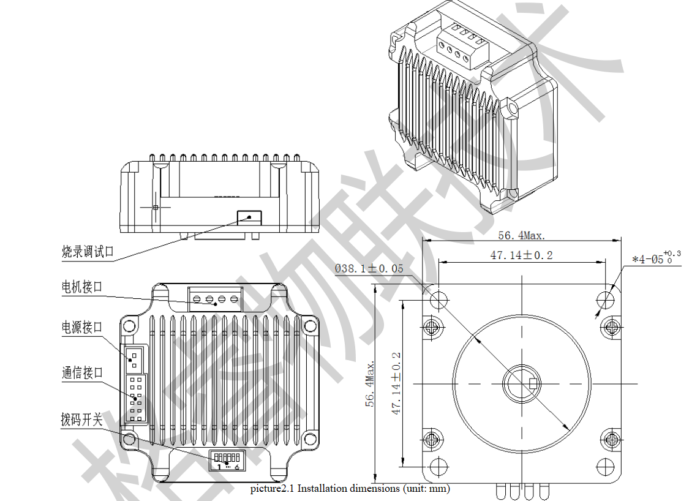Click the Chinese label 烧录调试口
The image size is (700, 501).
(x=88, y=251)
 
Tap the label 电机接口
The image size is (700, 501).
(x=82, y=287)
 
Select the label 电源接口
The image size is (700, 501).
(x=82, y=327)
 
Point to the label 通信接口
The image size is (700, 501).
(x=82, y=372)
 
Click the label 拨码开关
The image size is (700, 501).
(x=82, y=420)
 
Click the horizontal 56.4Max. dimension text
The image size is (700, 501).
(x=521, y=235)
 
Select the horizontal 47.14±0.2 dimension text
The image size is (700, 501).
(x=521, y=255)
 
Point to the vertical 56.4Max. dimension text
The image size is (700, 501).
(x=370, y=383)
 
